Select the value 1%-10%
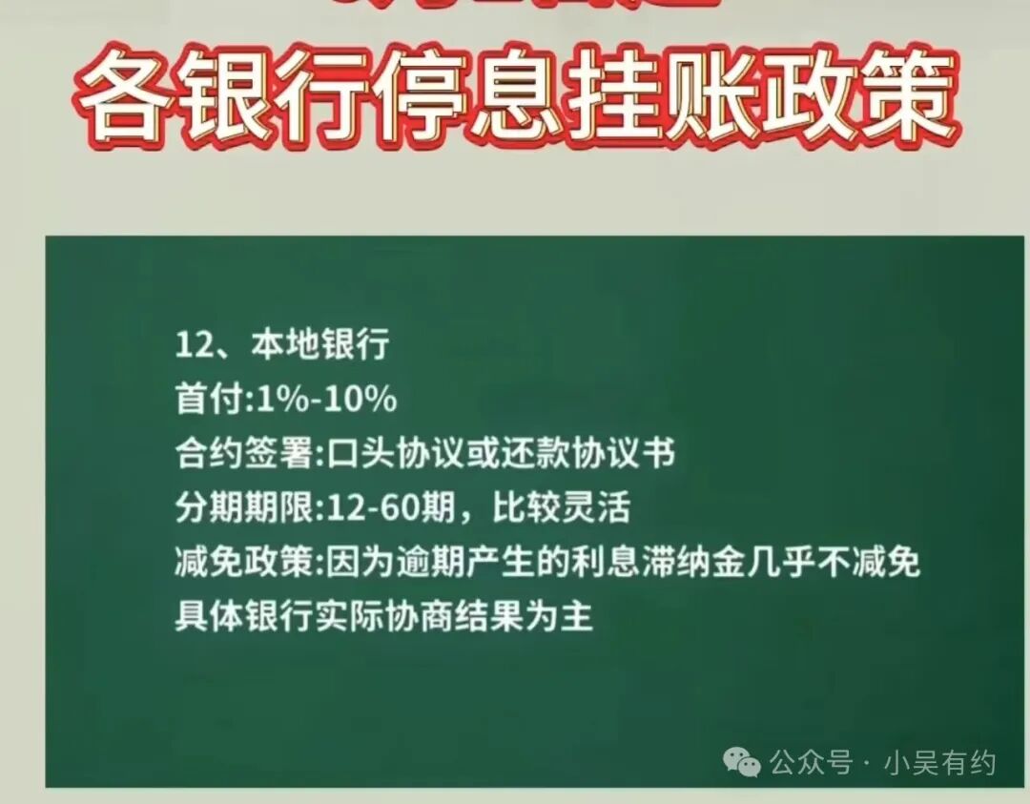pos(324,399)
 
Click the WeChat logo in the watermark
pos(742,761)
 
